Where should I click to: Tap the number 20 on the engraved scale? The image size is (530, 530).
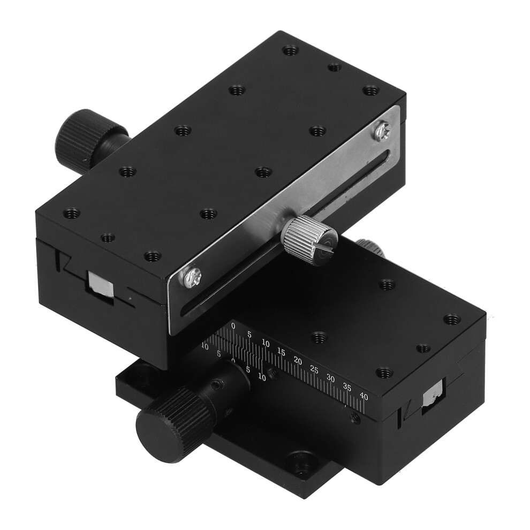pyautogui.click(x=298, y=360)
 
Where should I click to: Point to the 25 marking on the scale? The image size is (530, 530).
pyautogui.click(x=314, y=370)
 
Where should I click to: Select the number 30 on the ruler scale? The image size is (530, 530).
pyautogui.click(x=330, y=379)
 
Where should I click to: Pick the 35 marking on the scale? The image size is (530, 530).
pyautogui.click(x=347, y=388)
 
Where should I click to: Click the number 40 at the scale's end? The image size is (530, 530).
pyautogui.click(x=364, y=397)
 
